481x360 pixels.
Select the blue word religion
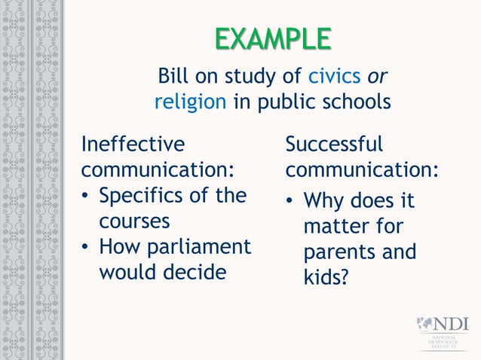(190, 101)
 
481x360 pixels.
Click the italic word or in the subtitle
(377, 76)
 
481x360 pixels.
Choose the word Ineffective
(133, 143)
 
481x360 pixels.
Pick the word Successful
(335, 143)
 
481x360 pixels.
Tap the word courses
(134, 221)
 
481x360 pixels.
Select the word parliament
(200, 247)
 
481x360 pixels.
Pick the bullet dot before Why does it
(290, 203)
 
